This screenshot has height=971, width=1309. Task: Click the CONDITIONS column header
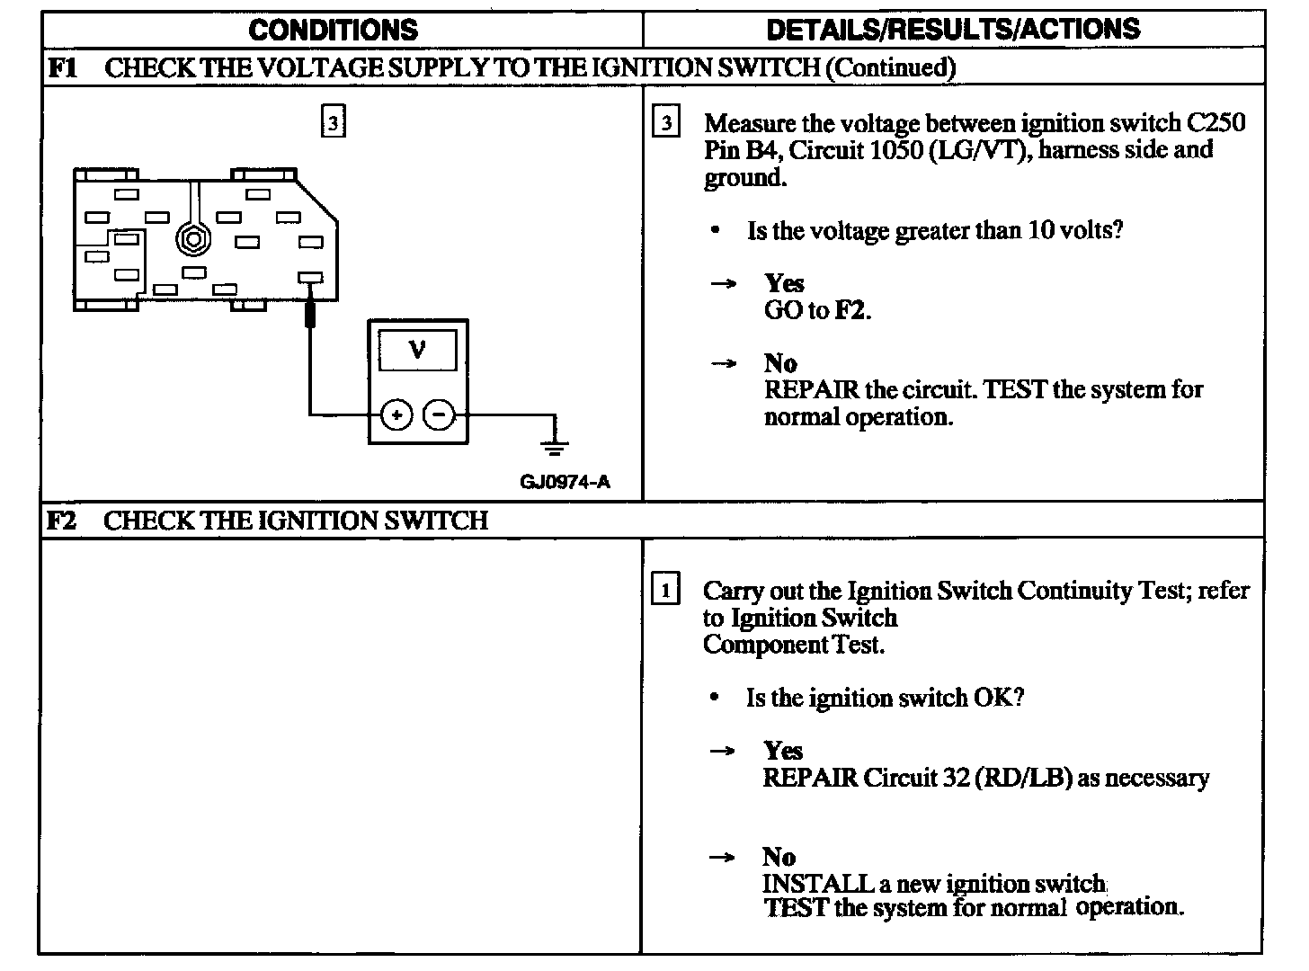tap(333, 30)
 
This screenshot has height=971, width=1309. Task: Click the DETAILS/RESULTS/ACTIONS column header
tap(953, 30)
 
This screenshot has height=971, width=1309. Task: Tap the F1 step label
tap(61, 67)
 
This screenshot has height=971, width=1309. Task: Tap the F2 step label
tap(61, 521)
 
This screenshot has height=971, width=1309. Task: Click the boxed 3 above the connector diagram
tap(333, 122)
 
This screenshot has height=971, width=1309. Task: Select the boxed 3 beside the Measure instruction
tap(665, 122)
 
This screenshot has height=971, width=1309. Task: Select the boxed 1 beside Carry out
tap(664, 591)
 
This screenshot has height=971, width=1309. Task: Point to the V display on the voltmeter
tap(417, 349)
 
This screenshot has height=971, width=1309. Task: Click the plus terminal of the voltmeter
tap(396, 415)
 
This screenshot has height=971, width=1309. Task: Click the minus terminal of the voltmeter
tap(439, 415)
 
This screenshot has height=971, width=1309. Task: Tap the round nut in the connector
tap(191, 239)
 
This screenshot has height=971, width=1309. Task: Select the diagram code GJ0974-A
tap(565, 482)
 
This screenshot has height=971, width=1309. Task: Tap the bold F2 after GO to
tap(851, 311)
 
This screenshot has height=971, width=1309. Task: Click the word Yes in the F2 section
tap(783, 751)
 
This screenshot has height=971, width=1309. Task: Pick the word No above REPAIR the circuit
tap(780, 363)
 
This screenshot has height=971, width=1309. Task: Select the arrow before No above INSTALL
tap(722, 857)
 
